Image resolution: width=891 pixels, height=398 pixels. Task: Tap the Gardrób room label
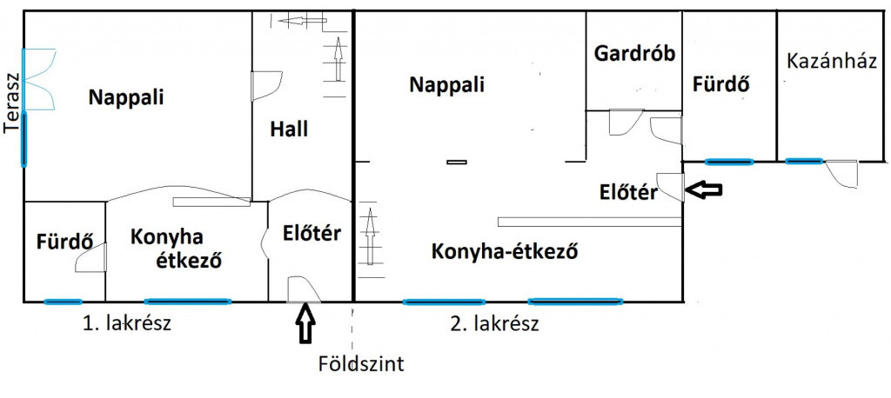(x=634, y=54)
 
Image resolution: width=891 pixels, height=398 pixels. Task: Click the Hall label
(x=289, y=129)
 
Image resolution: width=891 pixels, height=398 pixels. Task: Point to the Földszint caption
(x=361, y=362)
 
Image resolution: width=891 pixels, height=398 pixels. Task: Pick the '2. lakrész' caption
(x=494, y=324)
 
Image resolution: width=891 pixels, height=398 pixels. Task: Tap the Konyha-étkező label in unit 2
(x=504, y=250)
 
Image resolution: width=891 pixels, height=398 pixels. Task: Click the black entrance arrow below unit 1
(x=305, y=323)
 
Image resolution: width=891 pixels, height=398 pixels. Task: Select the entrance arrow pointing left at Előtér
(x=704, y=189)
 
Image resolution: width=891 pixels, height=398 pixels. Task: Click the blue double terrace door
(x=38, y=79)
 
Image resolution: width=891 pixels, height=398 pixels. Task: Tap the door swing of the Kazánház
(x=841, y=174)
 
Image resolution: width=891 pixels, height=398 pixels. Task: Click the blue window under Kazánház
(x=803, y=162)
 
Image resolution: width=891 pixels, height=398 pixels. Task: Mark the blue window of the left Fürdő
(x=63, y=302)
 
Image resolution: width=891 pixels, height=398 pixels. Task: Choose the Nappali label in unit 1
(x=126, y=97)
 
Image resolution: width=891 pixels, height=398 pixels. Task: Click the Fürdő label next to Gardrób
(x=721, y=84)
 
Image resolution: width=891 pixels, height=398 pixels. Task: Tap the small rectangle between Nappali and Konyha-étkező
(x=456, y=162)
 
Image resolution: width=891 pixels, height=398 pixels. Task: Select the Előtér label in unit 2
(x=628, y=192)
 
